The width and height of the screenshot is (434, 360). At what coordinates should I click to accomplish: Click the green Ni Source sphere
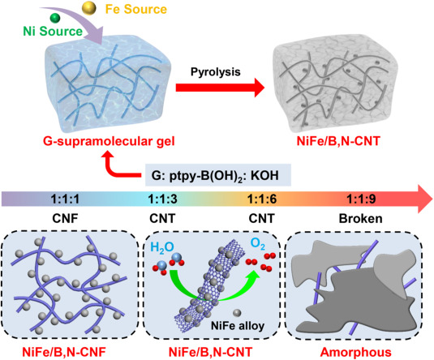tap(55, 18)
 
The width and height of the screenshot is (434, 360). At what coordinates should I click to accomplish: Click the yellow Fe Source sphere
tap(89, 8)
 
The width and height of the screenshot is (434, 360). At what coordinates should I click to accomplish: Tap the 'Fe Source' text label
tap(136, 9)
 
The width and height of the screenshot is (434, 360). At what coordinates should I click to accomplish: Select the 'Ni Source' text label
tap(53, 31)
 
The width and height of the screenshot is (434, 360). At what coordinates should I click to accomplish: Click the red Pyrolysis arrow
tap(221, 88)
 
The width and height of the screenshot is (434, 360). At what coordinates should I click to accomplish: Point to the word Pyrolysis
tap(215, 72)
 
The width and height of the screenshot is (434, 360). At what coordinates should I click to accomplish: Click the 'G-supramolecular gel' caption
tap(109, 141)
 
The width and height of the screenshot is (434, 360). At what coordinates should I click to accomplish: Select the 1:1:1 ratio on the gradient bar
tap(65, 199)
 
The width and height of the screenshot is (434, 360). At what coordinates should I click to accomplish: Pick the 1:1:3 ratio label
tap(162, 199)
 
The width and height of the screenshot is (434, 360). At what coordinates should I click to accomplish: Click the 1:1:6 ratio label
tap(261, 199)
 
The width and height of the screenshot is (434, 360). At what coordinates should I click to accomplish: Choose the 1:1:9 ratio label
tap(361, 199)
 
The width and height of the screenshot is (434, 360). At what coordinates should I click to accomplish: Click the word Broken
tap(361, 219)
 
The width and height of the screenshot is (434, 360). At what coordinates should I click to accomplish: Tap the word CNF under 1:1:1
tap(65, 219)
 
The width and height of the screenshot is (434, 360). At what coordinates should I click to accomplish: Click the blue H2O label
tap(162, 247)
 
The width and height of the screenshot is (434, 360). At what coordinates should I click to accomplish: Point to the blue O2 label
tap(258, 244)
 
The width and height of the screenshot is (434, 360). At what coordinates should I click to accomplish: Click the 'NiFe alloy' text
tap(238, 325)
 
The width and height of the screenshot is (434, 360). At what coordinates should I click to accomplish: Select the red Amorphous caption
tap(356, 352)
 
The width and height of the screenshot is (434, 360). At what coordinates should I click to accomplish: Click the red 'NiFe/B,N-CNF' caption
tap(64, 352)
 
